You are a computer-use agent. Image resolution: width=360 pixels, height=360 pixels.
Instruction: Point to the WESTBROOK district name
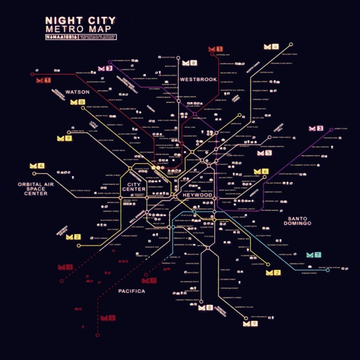tap(198, 79)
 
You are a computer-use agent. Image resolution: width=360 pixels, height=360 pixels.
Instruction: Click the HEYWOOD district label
tap(197, 195)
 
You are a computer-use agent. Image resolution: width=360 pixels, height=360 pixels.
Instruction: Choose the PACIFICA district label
tap(131, 291)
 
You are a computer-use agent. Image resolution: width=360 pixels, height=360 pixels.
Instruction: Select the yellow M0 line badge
tap(78, 102)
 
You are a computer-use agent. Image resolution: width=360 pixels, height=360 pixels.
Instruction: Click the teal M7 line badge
tap(314, 255)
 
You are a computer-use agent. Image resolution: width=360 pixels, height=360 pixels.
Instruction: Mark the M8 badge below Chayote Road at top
tap(189, 63)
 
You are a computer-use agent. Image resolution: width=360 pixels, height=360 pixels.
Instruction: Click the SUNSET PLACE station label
tap(341, 129)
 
